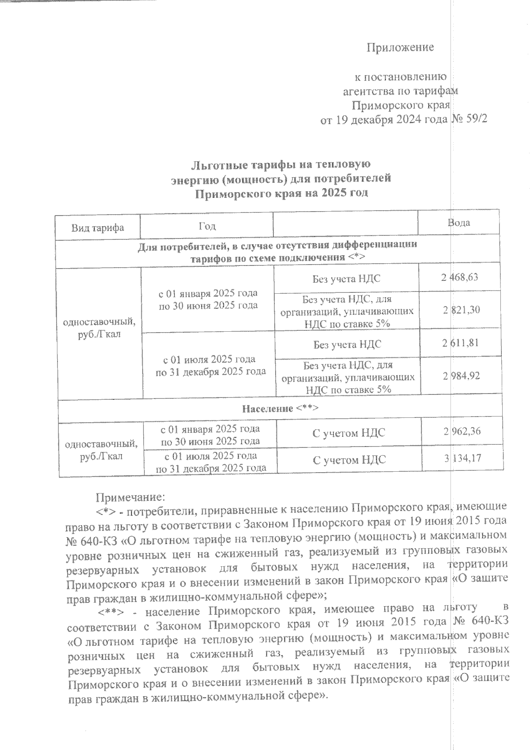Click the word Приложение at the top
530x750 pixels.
[400, 47]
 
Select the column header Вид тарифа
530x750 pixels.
[98, 227]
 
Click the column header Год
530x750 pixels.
[207, 226]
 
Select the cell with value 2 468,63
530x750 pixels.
[460, 277]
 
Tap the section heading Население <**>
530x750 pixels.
[280, 409]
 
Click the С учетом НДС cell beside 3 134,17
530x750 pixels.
[349, 460]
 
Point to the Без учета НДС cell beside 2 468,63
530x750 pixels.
[346, 279]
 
